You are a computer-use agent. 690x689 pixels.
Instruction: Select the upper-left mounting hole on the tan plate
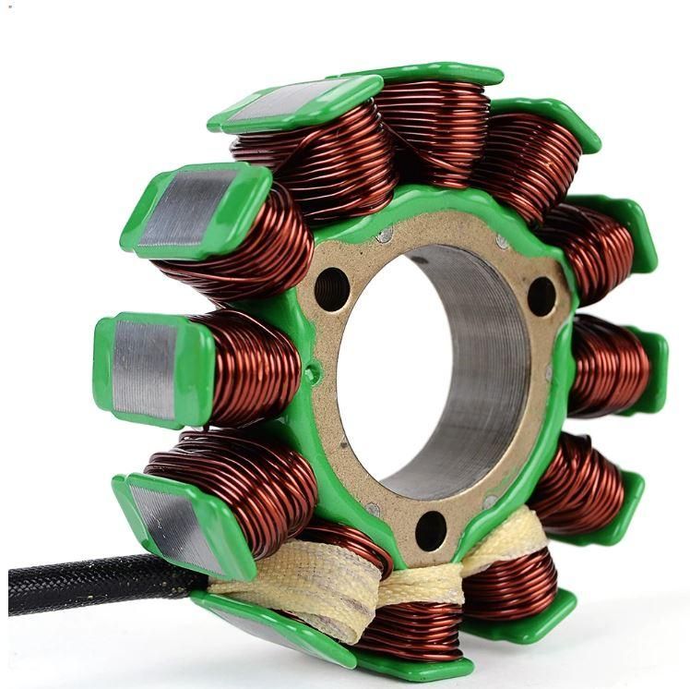332,289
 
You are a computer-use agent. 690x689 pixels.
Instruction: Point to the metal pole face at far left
143,369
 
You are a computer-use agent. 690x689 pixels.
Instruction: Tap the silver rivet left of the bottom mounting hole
373,509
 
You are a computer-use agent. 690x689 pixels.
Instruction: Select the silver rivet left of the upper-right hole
502,242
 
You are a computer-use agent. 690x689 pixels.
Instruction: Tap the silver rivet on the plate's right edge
551,374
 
